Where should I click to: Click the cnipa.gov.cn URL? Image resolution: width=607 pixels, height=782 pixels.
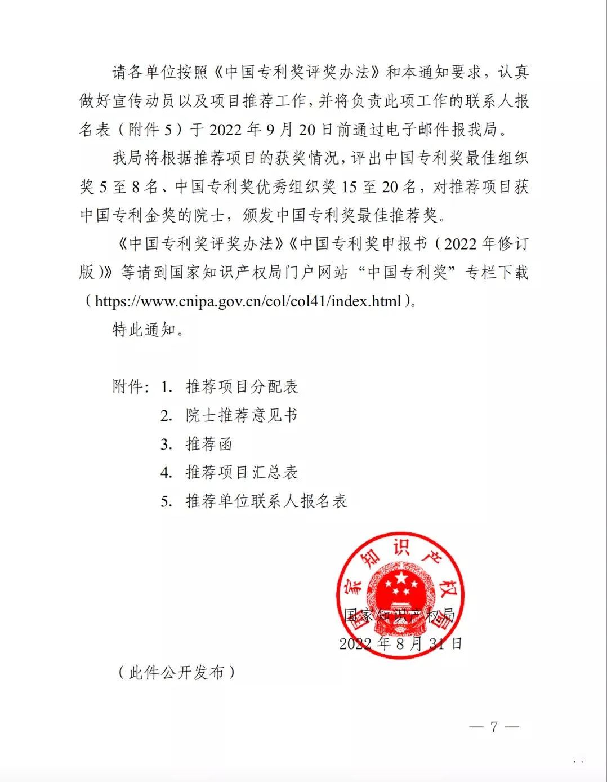(x=248, y=301)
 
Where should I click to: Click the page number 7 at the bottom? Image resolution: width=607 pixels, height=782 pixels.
(x=494, y=726)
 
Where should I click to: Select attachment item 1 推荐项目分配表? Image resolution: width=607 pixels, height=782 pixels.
(x=242, y=386)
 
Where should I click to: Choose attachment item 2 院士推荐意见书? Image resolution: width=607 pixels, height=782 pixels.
(x=242, y=415)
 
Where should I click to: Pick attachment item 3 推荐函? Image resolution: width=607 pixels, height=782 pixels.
(x=209, y=444)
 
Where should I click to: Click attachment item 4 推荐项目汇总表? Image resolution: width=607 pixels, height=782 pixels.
(x=242, y=472)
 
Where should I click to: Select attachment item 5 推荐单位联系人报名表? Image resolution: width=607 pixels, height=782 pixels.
(x=266, y=501)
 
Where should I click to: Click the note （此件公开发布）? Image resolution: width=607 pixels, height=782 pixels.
(x=176, y=672)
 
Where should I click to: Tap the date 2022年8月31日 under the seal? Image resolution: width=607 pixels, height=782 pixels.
(x=400, y=643)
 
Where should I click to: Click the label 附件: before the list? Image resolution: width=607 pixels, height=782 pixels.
(x=131, y=386)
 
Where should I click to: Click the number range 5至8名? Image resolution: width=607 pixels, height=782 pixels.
(x=129, y=187)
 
